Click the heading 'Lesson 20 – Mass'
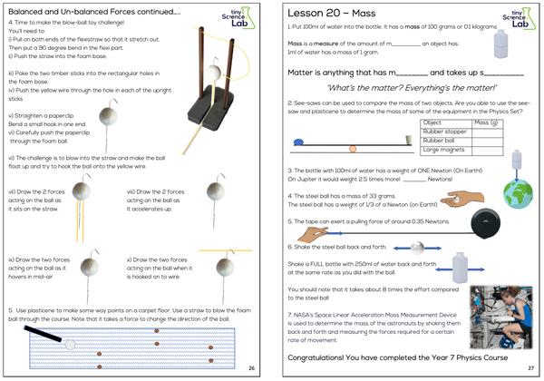336,16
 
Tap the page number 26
250,367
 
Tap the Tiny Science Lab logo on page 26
239,18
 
